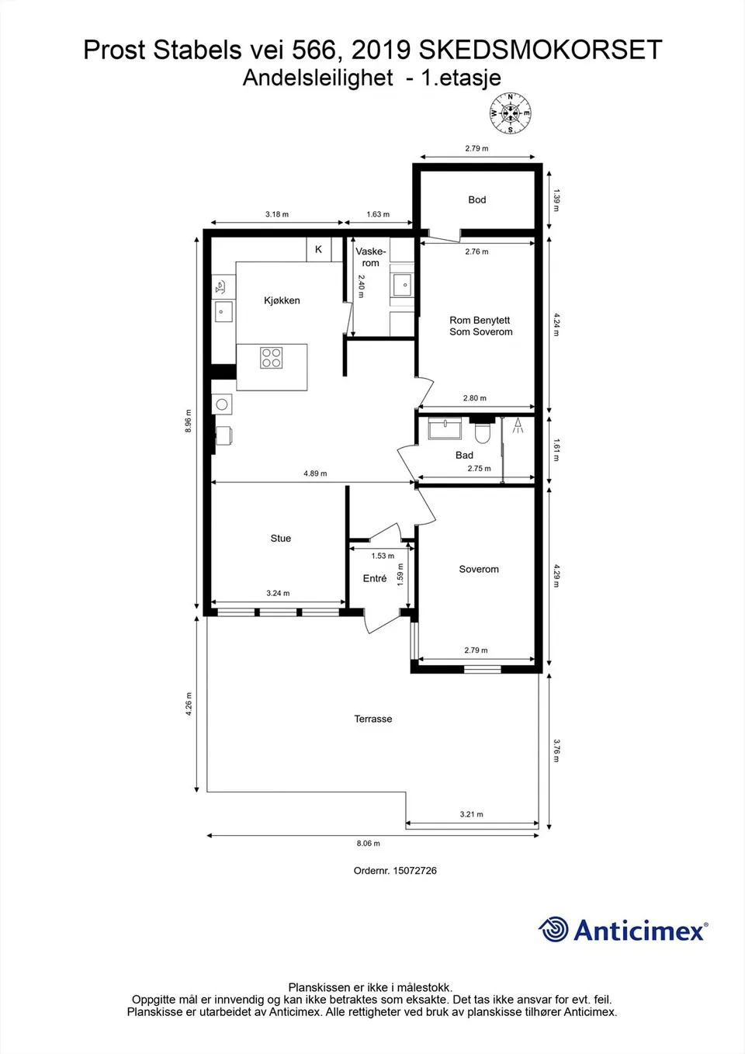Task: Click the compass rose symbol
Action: [x=511, y=113]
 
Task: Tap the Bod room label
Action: [x=477, y=200]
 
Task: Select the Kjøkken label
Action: [x=282, y=300]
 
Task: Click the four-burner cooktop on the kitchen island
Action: [x=272, y=358]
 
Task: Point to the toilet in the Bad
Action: [x=483, y=431]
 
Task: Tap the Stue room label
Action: [x=281, y=539]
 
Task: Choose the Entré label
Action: [x=375, y=579]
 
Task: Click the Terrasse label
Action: [x=373, y=719]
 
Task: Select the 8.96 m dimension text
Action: [x=188, y=421]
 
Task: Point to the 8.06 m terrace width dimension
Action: [x=369, y=843]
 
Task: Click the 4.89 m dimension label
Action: [x=315, y=473]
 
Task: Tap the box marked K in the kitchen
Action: [x=318, y=249]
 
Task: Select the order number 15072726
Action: [x=414, y=871]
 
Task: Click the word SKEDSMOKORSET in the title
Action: [x=540, y=50]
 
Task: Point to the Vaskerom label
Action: [x=371, y=257]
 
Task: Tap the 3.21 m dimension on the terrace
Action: [x=471, y=814]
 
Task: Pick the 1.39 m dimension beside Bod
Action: [x=556, y=200]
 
